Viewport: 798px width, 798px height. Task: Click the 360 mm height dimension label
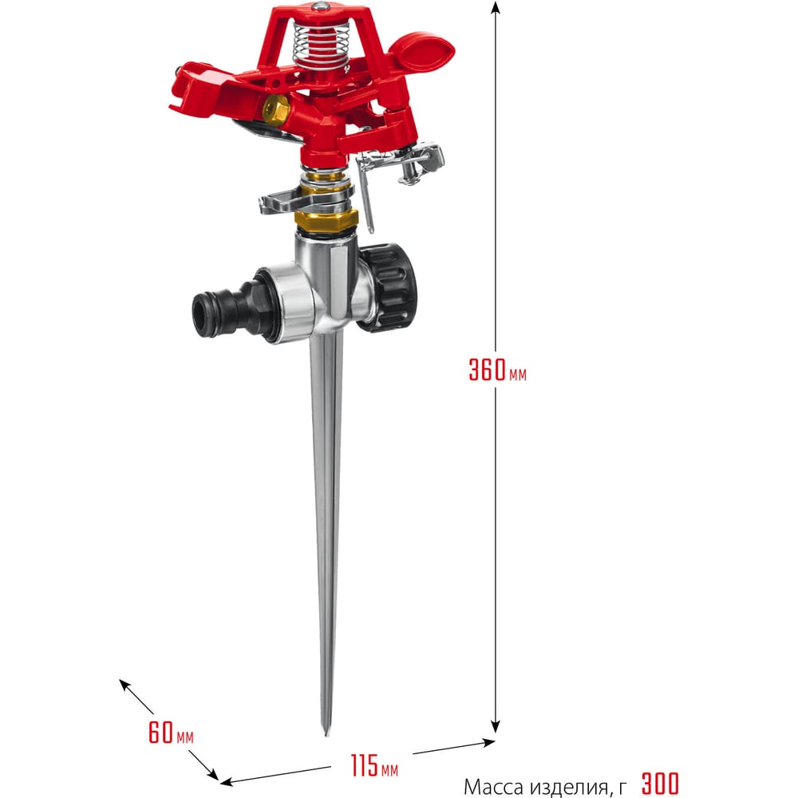coord(497,370)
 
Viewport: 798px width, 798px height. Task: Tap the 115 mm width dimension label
coord(374,765)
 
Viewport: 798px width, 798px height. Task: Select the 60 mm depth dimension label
coord(171,733)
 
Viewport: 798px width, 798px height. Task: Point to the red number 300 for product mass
coord(660,784)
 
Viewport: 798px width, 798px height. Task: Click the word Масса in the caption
coord(493,786)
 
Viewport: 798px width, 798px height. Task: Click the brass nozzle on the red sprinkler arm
coord(276,108)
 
